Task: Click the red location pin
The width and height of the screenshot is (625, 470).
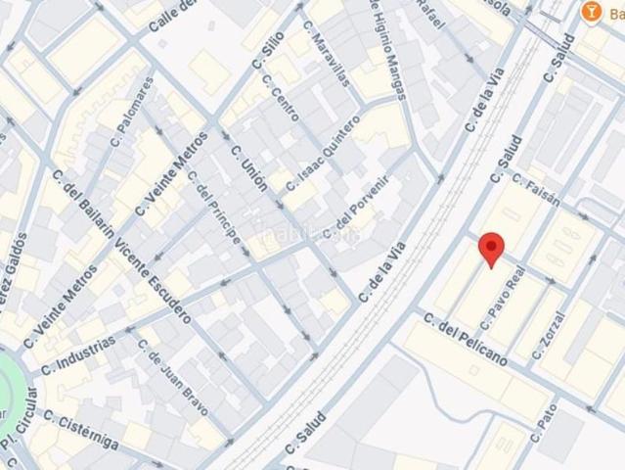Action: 492,249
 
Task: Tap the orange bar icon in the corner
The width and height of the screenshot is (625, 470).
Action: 590,12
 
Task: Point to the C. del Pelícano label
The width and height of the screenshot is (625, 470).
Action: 465,337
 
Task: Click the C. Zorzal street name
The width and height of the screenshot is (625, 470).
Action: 553,334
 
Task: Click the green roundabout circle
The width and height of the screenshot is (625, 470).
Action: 12,387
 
